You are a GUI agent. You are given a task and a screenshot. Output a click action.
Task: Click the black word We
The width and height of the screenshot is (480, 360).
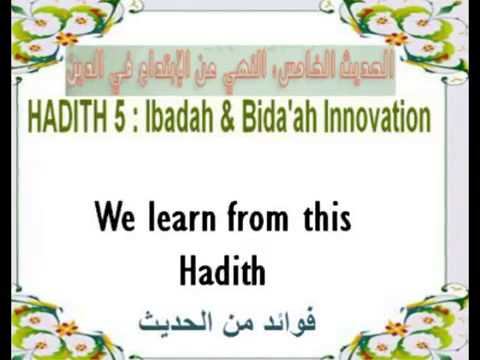(x=114, y=218)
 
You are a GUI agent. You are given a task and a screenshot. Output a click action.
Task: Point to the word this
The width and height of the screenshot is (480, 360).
(x=328, y=218)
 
